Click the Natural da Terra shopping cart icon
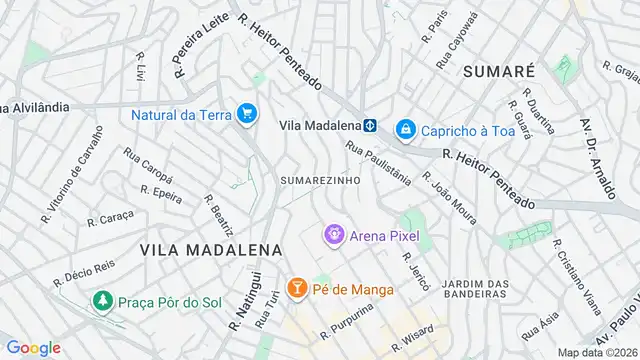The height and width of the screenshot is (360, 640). click(x=246, y=113)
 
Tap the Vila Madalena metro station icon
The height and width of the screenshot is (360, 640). click(x=369, y=126)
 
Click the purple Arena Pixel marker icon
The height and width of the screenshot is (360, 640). click(x=333, y=236)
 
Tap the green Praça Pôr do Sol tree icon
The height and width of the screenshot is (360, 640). click(x=102, y=300)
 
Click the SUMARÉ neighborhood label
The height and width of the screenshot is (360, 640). click(x=499, y=72)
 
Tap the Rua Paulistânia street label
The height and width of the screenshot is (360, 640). click(x=378, y=162)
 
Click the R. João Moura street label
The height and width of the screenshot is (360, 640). click(x=449, y=197)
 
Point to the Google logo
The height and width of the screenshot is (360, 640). click(x=33, y=347)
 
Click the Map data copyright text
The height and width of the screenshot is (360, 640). click(x=598, y=352)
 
